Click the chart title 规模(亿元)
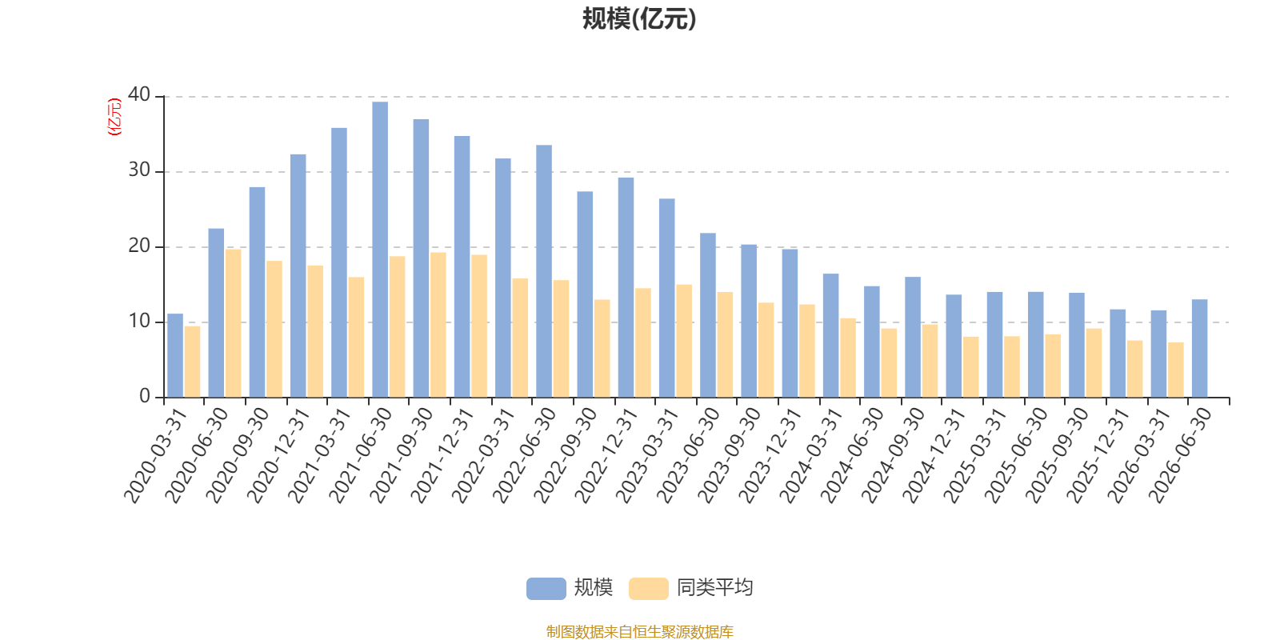[639, 19]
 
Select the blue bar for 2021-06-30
[380, 250]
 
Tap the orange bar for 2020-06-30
[233, 323]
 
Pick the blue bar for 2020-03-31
[175, 355]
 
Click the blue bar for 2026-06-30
[1199, 349]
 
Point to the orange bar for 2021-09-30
[438, 325]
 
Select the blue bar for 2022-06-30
[544, 271]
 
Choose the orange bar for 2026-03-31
[1175, 370]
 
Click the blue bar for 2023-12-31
[790, 323]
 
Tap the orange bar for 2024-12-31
[971, 367]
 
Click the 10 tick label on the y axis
[139, 321]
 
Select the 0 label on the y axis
[145, 396]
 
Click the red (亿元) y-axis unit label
[115, 117]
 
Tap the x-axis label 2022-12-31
[606, 455]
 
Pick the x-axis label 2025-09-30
[1057, 455]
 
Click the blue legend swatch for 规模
[546, 589]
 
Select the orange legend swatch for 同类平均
[649, 589]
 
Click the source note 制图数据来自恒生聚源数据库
[639, 631]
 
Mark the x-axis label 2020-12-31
[278, 455]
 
